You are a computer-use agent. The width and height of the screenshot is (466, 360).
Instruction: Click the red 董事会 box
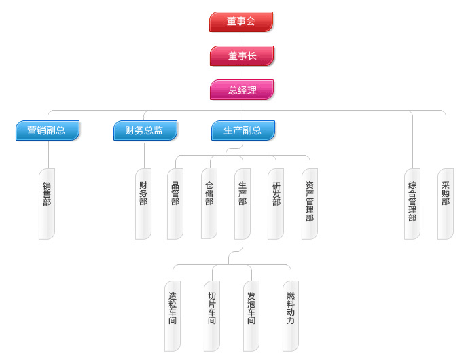point(241,22)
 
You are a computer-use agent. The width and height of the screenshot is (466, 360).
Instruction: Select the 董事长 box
point(242,56)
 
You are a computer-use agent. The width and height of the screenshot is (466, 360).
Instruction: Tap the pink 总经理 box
point(242,90)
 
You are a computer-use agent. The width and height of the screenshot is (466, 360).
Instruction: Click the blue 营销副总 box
point(48,130)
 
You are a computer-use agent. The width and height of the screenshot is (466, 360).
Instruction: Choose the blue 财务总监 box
point(145,130)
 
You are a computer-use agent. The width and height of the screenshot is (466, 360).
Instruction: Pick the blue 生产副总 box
point(243,130)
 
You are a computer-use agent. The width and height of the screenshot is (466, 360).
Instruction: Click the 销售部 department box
point(47,204)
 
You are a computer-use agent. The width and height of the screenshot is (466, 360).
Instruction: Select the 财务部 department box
point(143,204)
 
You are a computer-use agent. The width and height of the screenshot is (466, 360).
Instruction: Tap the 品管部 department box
point(175,204)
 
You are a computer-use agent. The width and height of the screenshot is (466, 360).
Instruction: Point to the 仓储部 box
point(209,204)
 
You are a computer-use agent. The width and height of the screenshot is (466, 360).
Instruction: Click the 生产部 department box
point(243,204)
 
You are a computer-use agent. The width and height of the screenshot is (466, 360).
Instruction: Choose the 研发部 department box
point(276,204)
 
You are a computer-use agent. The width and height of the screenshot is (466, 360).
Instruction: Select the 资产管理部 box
point(310,204)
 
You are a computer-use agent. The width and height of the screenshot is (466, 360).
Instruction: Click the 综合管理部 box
point(412,204)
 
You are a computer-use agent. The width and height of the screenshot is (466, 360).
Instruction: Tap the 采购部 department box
point(446,204)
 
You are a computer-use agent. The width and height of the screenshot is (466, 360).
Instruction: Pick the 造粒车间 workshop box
point(173,316)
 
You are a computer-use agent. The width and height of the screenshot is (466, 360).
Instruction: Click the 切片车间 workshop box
point(212,316)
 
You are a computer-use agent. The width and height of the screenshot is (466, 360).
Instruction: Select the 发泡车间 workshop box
point(251,316)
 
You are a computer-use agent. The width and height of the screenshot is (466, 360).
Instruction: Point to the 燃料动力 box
point(291,316)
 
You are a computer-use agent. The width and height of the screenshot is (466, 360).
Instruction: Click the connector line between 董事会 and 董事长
point(242,39)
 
